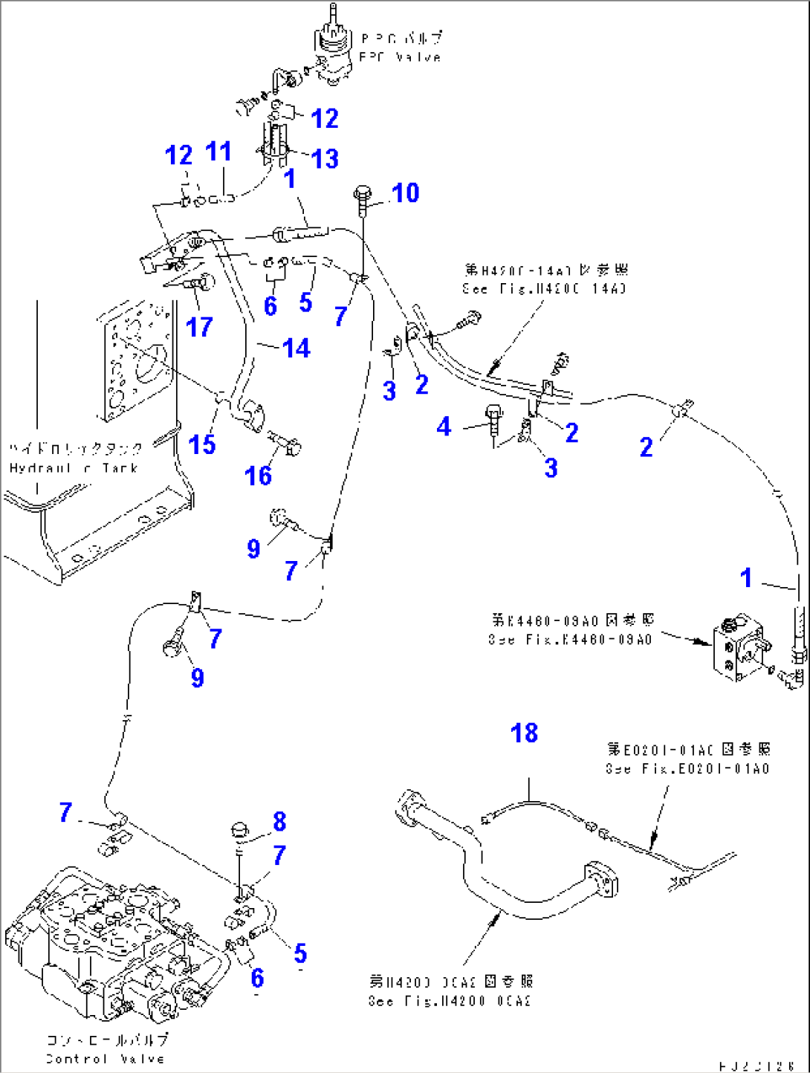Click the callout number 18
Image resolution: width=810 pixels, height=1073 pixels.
coord(524,733)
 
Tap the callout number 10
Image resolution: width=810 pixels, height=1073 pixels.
coord(406,193)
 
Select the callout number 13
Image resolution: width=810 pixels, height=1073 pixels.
coord(325,158)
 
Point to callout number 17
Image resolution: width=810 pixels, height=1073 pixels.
coord(199,327)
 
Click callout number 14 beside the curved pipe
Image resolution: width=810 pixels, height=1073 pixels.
coord(296,348)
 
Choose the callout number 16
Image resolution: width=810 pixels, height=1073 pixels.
coord(258,476)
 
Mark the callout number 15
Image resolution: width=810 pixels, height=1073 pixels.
coord(202,444)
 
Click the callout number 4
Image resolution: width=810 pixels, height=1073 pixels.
coord(444,427)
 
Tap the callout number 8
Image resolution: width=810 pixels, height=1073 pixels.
coord(279,821)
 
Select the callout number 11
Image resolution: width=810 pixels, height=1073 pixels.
coord(218,152)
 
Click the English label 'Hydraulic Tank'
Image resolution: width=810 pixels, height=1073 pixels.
coord(74,468)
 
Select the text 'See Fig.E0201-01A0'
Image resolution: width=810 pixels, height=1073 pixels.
coord(687,769)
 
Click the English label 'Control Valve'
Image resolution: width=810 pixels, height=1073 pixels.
coord(105,1059)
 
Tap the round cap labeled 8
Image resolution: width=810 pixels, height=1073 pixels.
coord(240,829)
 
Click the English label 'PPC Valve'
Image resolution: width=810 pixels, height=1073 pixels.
coord(400,57)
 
